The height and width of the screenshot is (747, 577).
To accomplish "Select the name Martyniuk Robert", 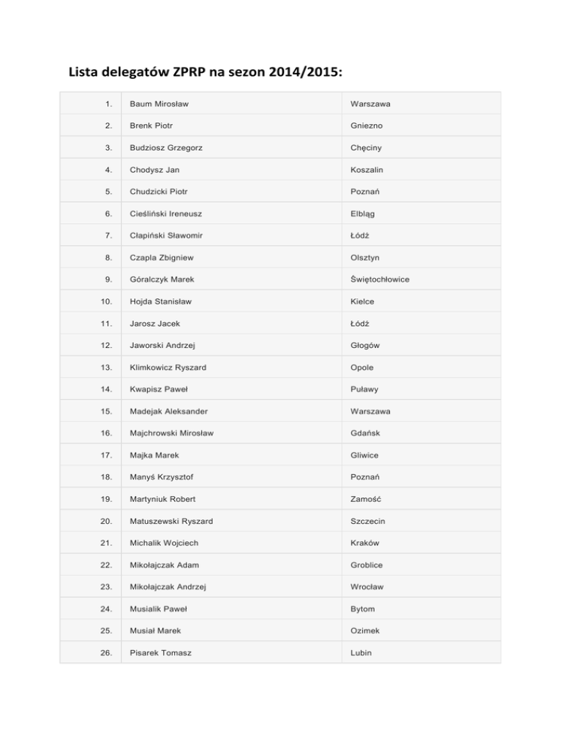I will point(168,500).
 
